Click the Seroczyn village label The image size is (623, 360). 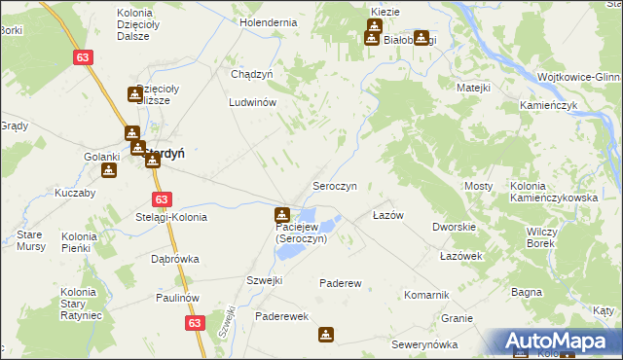tap(334, 185)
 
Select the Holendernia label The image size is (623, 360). tap(268, 21)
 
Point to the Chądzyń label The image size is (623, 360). tap(251, 74)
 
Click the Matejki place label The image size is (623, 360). tap(473, 88)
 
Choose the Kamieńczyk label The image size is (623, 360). tap(550, 103)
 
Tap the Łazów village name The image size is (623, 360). tap(388, 215)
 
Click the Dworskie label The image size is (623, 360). tap(454, 227)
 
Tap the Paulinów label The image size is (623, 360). tap(175, 298)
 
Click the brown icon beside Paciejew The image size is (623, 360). tap(282, 214)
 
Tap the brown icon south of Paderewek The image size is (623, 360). tap(325, 335)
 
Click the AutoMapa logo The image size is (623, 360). tap(559, 341)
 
